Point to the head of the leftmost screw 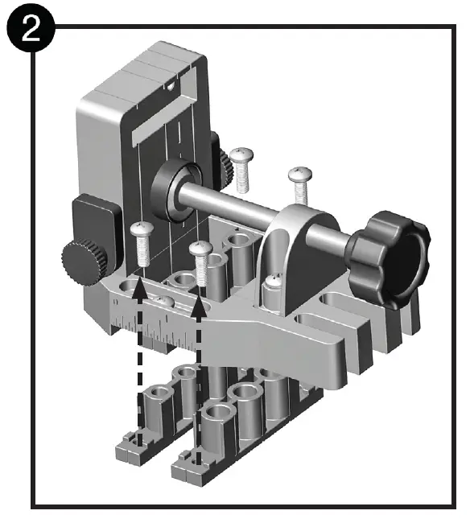[x=141, y=230]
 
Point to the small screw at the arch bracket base [x=273, y=283]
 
